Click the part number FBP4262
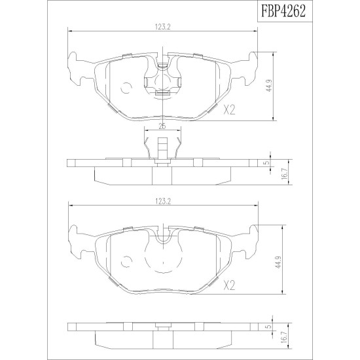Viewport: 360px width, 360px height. [285, 11]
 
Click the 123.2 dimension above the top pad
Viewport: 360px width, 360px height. [162, 27]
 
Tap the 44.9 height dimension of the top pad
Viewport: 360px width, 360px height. [269, 86]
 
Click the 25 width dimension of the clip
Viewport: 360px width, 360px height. [162, 126]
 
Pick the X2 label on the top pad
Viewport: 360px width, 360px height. [229, 110]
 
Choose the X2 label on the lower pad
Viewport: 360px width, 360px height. [229, 285]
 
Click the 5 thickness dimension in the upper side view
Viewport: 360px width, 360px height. [266, 163]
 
